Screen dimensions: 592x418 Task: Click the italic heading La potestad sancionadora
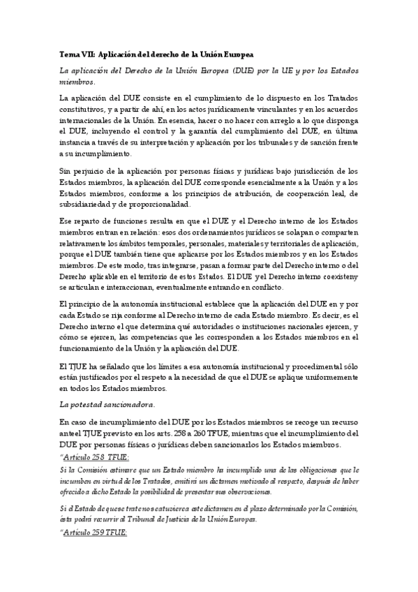point(107,404)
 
